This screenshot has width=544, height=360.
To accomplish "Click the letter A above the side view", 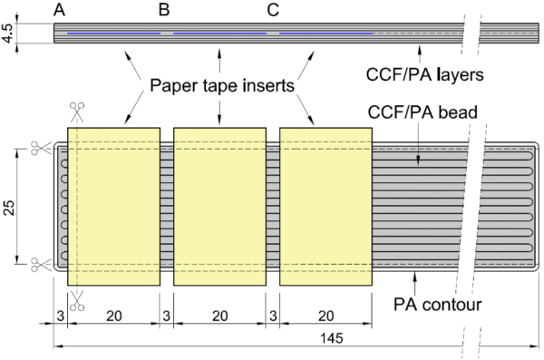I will click(x=60, y=11).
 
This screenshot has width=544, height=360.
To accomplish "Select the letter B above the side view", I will click(x=164, y=11).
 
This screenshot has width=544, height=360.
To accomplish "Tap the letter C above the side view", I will click(x=273, y=11).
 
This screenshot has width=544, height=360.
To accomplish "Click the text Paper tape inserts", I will click(x=218, y=86).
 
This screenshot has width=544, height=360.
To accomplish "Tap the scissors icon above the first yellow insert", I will click(x=76, y=112).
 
